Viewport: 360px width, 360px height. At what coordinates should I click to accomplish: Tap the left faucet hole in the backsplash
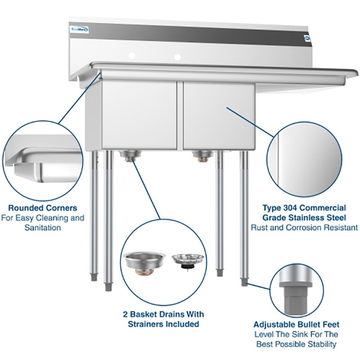132,56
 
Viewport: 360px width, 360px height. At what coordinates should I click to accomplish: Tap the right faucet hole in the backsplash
178,57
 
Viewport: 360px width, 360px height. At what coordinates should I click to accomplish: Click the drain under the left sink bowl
129,156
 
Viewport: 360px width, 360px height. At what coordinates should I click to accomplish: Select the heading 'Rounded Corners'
43,208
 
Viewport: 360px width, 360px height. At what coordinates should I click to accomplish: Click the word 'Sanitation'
43,228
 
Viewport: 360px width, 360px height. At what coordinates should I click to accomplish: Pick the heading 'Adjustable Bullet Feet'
296,324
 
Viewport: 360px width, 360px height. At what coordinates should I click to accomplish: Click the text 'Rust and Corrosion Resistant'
305,228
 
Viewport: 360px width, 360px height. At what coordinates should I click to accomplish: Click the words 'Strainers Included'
164,324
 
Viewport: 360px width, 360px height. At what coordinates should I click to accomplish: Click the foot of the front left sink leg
108,286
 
